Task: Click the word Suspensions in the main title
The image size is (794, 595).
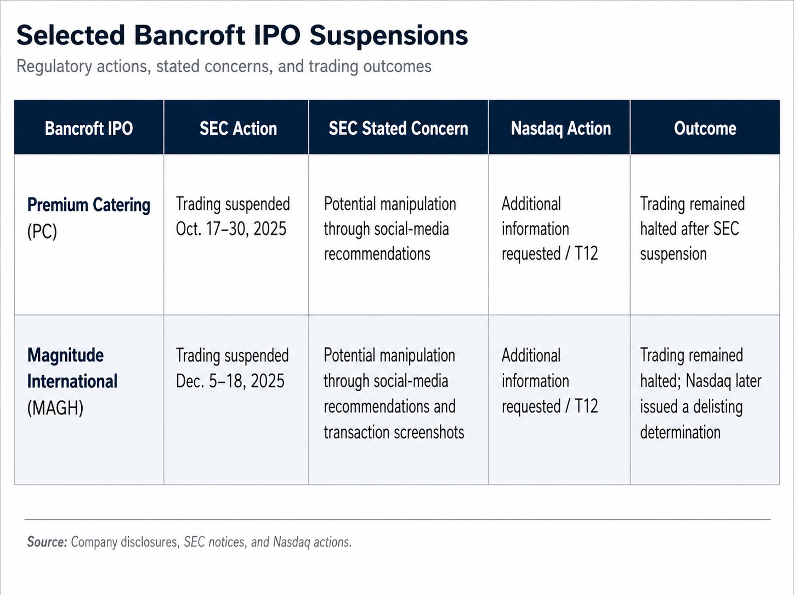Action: [x=388, y=36]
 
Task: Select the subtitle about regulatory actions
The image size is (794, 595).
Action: [x=224, y=66]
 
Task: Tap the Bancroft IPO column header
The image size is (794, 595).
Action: [x=89, y=128]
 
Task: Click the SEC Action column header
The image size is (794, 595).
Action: [x=238, y=128]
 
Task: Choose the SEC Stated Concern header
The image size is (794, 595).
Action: [x=398, y=128]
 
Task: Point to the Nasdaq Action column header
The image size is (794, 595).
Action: [x=561, y=128]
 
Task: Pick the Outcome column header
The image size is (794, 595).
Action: [x=705, y=128]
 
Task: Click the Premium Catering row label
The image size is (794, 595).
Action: [x=89, y=205]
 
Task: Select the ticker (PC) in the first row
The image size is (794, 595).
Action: [x=42, y=231]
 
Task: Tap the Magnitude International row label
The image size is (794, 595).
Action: [x=72, y=368]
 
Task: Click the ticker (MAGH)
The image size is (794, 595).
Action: [x=55, y=408]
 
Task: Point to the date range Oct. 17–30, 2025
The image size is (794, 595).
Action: [x=231, y=228]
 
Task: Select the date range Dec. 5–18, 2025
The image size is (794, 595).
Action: [x=230, y=381]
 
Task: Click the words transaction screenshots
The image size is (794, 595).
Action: [x=394, y=432]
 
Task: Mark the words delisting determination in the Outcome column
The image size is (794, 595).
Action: [x=691, y=420]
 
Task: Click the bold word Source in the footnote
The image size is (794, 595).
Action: [x=47, y=542]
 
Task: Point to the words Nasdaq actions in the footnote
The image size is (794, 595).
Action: [x=312, y=542]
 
